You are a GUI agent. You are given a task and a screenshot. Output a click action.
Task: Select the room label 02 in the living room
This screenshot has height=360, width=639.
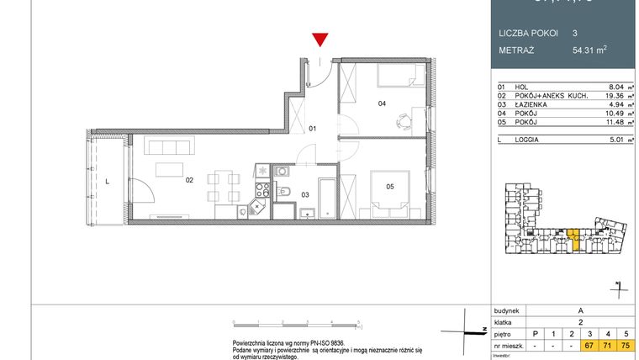(189, 179)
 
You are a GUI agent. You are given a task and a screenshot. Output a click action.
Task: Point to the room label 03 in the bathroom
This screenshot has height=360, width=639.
(305, 194)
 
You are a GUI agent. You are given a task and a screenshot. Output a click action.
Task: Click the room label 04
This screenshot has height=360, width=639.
(382, 104)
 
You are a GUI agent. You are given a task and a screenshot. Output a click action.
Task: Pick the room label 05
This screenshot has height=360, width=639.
(390, 186)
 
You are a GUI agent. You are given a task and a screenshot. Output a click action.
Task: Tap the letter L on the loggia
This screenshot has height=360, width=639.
(107, 179)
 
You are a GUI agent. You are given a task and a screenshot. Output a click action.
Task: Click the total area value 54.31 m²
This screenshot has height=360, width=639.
(589, 50)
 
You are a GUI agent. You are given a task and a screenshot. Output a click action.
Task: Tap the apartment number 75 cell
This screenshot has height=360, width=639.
(625, 345)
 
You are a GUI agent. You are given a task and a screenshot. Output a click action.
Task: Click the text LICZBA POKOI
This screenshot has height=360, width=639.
(526, 33)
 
